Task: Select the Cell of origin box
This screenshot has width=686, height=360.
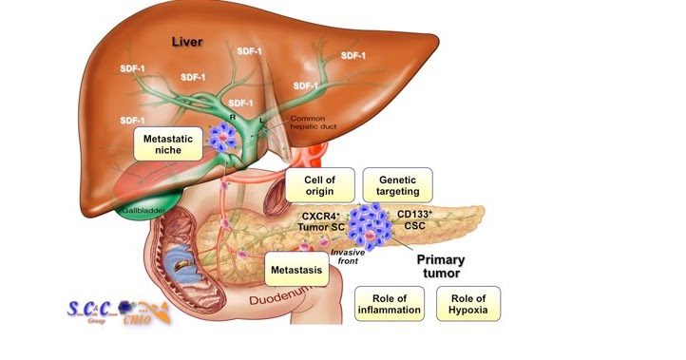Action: click(319, 185)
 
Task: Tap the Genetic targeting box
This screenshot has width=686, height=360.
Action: click(398, 185)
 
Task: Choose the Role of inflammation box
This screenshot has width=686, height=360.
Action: click(388, 304)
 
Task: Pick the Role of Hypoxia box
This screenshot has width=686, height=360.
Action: click(467, 304)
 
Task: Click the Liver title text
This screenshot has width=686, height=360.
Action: click(189, 43)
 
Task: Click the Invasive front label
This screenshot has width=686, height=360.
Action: click(348, 258)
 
